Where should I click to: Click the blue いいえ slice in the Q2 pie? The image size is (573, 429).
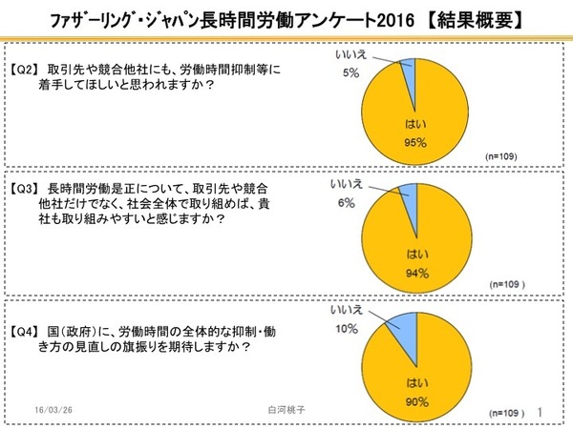tap(410, 72)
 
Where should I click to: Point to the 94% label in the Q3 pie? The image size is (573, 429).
tap(416, 273)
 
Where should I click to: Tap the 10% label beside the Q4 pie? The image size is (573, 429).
tap(347, 329)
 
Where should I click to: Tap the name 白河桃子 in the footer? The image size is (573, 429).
tap(286, 404)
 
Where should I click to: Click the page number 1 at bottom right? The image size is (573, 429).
tap(542, 411)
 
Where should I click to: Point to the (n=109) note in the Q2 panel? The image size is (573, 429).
tap(503, 154)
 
